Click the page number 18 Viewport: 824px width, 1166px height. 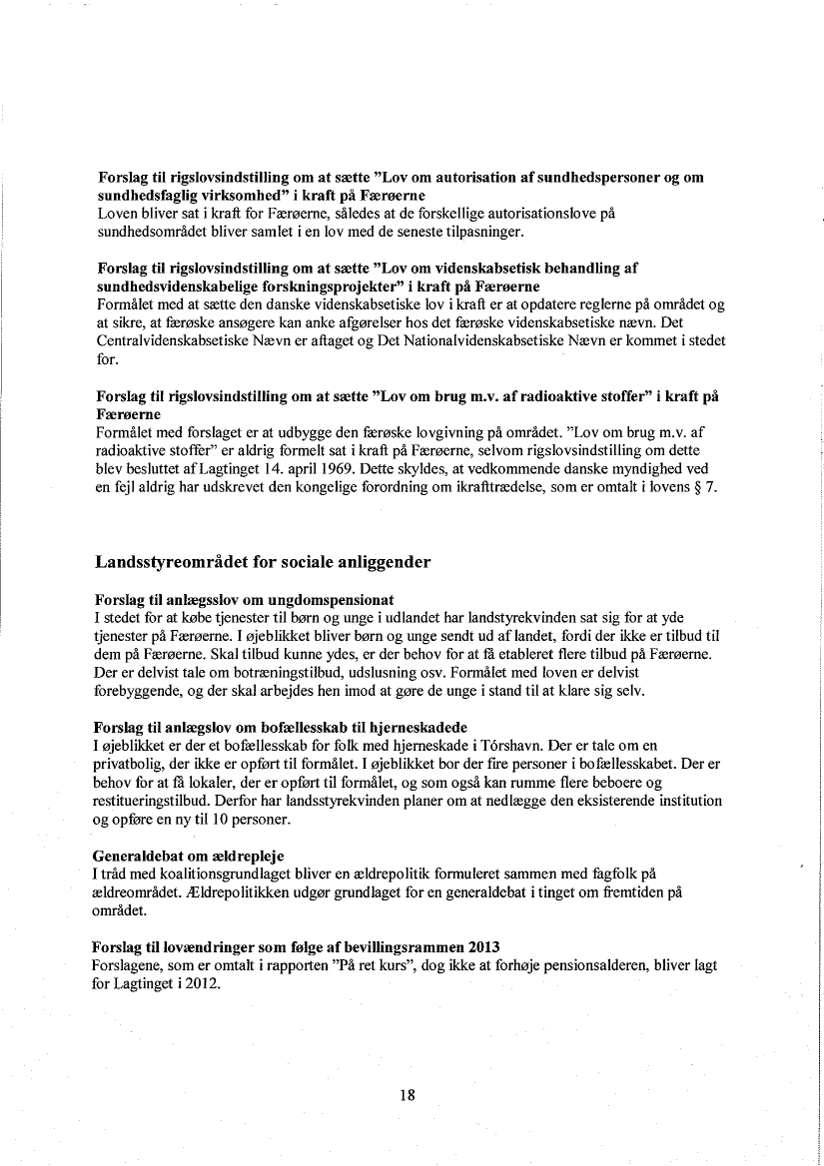[x=407, y=1094]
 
